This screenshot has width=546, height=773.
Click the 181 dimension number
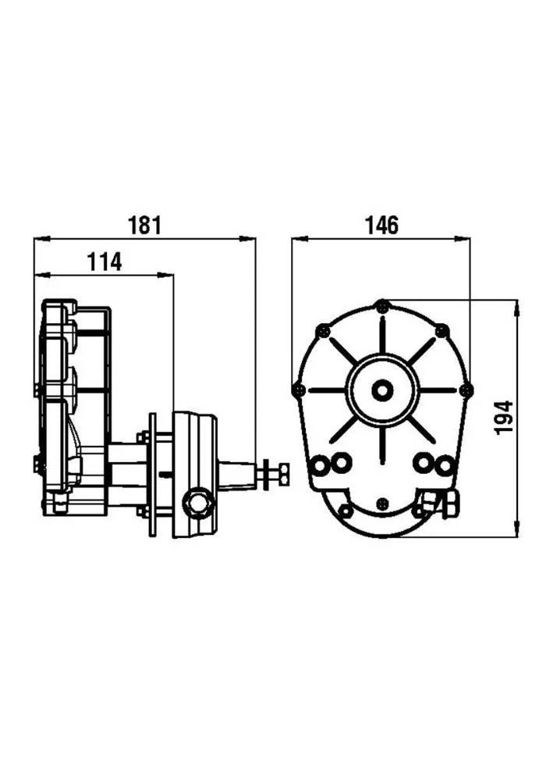click(144, 225)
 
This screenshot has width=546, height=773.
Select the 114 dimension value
click(104, 262)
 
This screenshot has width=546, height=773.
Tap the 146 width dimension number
click(381, 225)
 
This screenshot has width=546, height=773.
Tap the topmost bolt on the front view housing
click(381, 306)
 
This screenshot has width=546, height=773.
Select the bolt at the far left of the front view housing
click(297, 390)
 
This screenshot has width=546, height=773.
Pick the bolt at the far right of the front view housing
click(466, 390)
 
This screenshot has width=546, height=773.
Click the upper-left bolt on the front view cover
click(321, 331)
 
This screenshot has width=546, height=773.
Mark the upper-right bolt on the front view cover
click(441, 331)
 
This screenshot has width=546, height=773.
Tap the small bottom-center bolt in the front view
click(381, 504)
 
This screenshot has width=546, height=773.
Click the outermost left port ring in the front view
click(320, 466)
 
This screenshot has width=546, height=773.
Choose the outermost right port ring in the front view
click(444, 466)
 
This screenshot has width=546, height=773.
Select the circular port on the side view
click(197, 501)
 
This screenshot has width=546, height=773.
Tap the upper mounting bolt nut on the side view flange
click(144, 437)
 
